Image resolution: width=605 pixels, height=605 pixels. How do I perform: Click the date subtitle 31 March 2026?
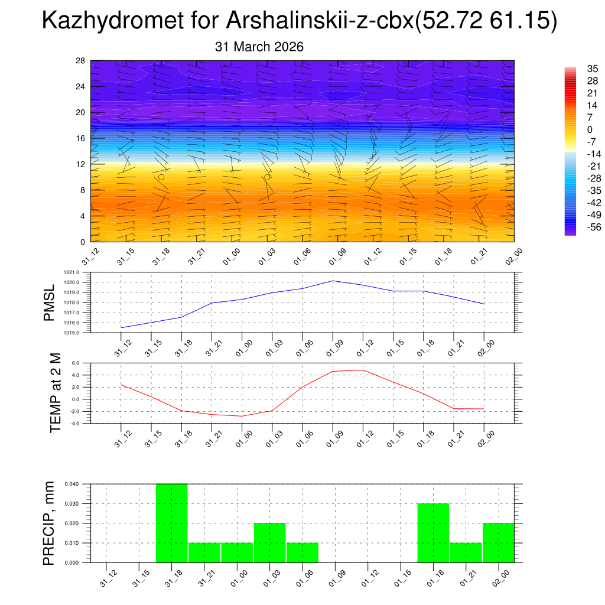pos(259,47)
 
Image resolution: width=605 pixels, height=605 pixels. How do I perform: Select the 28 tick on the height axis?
pos(80,61)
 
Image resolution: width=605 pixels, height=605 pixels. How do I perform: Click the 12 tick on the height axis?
pos(80,164)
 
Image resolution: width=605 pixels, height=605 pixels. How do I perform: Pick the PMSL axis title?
pos(49,302)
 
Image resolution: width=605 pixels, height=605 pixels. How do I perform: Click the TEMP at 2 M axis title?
pos(56,393)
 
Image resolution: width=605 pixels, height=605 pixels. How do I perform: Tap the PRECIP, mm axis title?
pos(50,523)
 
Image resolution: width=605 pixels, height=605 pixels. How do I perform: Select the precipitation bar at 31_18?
pos(171,523)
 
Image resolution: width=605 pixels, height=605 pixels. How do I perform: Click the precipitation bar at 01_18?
pos(433,532)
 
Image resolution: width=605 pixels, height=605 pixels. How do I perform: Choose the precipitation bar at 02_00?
pos(498,542)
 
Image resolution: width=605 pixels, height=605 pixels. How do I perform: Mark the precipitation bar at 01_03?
pos(270,542)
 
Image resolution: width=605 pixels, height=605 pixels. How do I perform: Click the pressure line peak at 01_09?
pos(333,281)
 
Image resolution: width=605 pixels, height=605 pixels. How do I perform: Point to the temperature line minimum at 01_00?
pos(242,416)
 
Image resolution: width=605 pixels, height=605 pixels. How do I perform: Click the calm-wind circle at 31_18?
pos(161,177)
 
